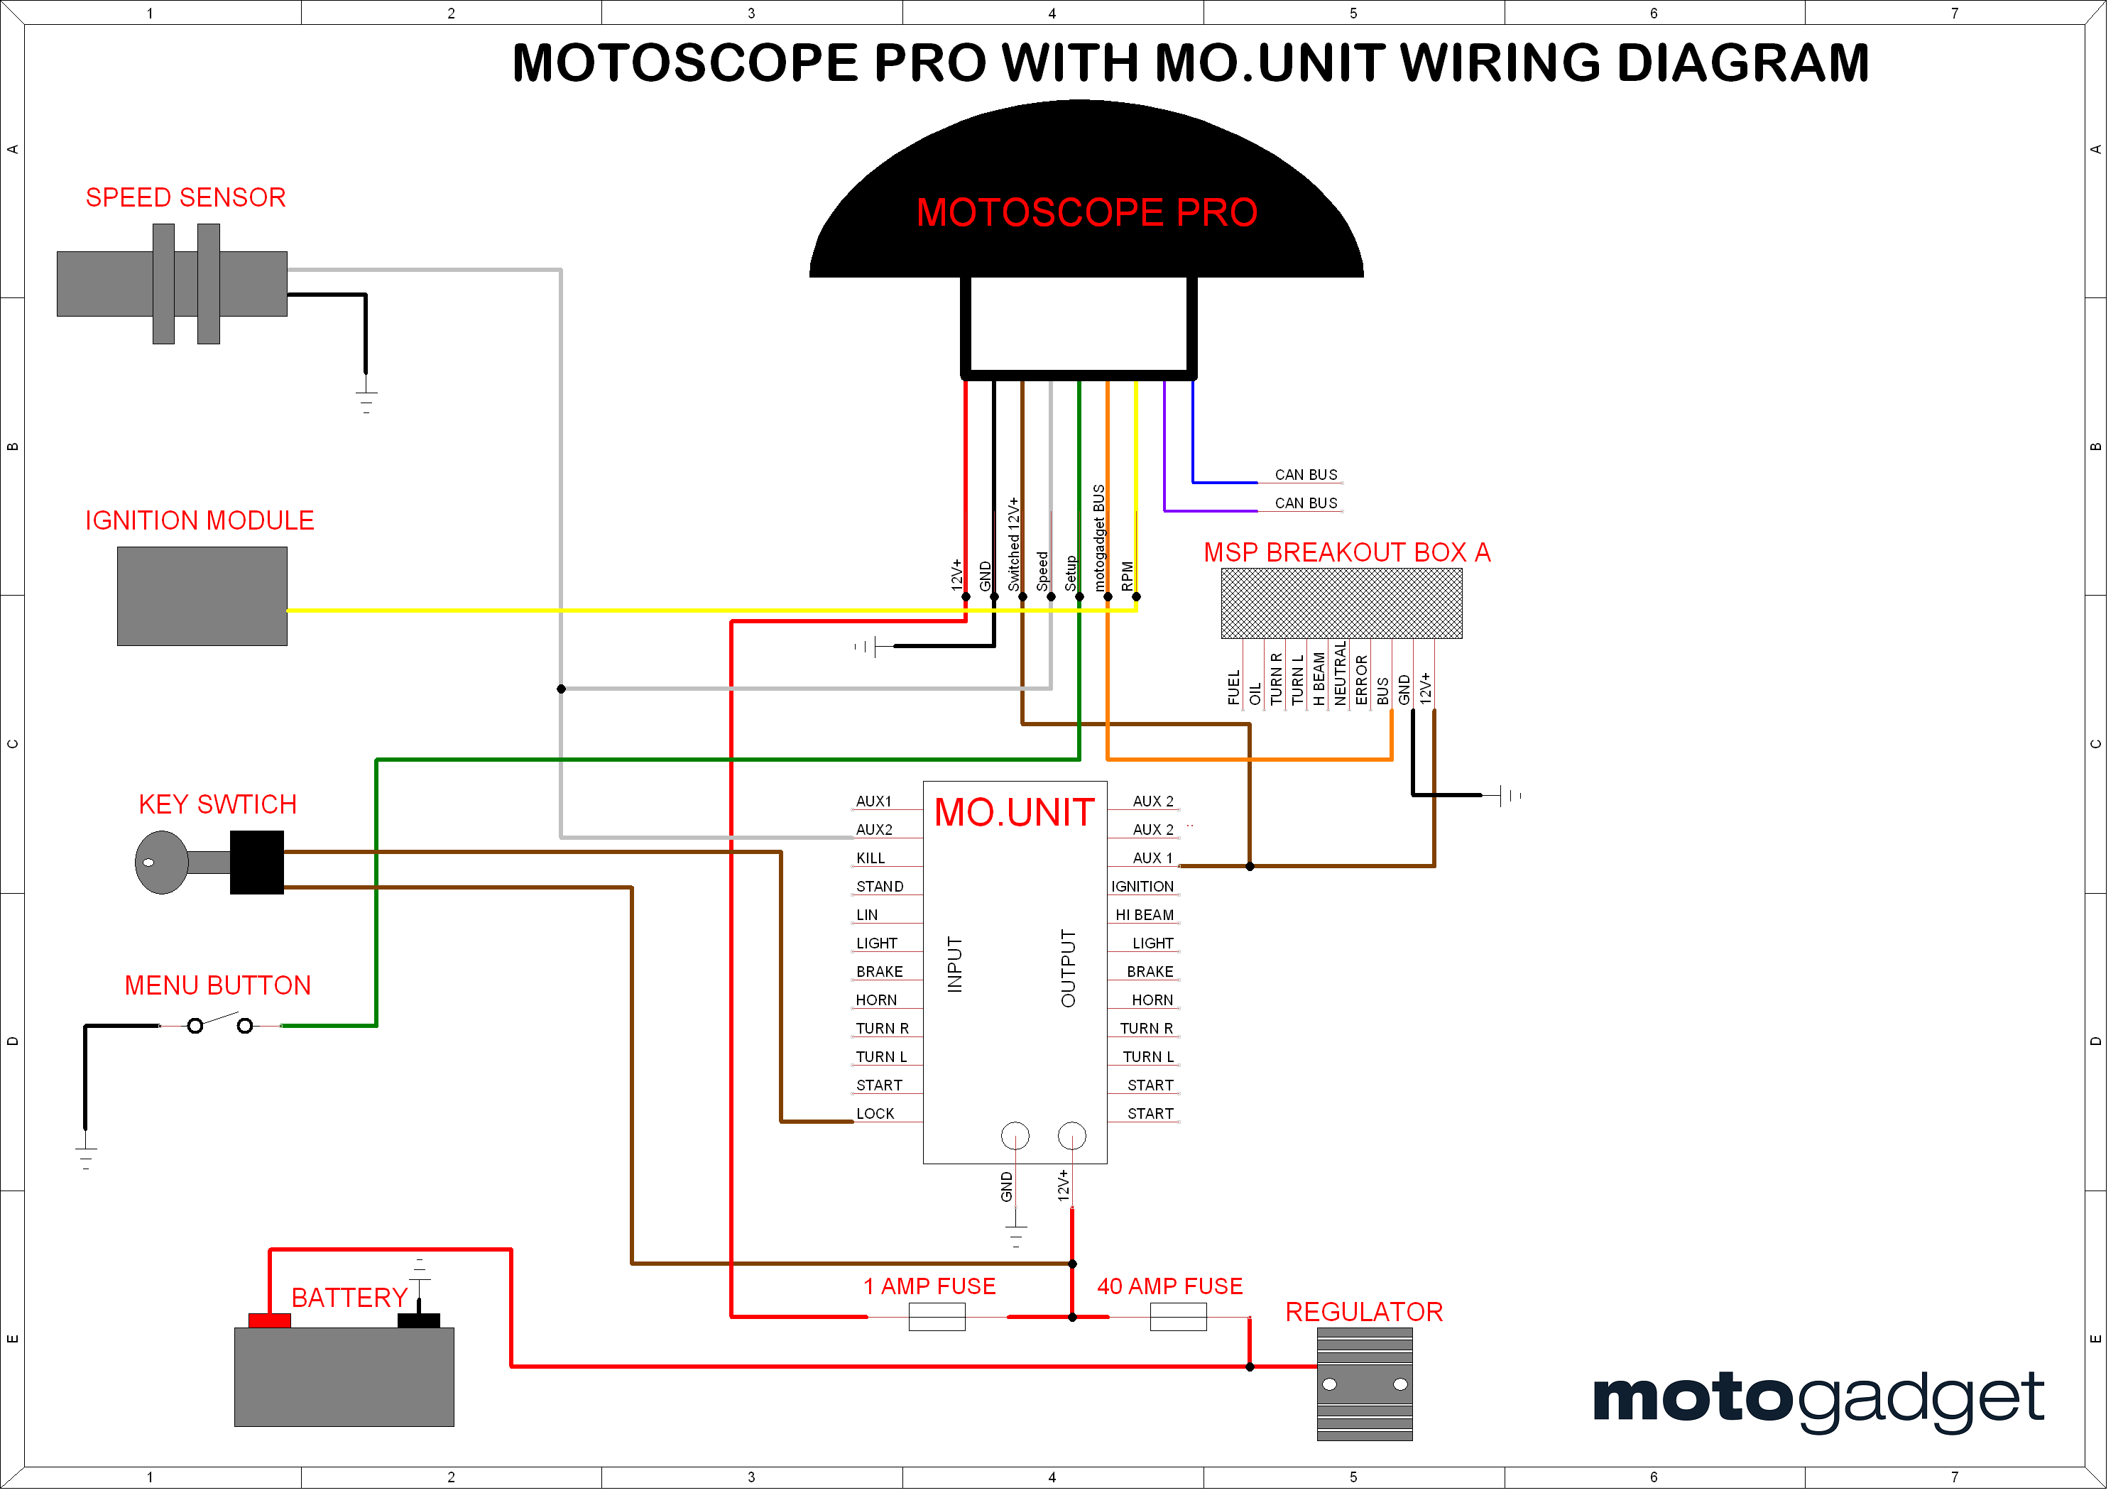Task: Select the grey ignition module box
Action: [203, 600]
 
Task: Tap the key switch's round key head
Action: [161, 868]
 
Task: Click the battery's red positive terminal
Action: [271, 1329]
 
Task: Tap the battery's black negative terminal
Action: [422, 1329]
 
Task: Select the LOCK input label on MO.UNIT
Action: [881, 1122]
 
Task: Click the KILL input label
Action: [877, 865]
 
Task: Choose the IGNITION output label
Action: [1151, 893]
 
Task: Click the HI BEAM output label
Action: [1153, 921]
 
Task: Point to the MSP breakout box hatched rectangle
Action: [1351, 608]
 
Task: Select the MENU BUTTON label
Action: [219, 992]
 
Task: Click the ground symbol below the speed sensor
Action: [369, 403]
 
